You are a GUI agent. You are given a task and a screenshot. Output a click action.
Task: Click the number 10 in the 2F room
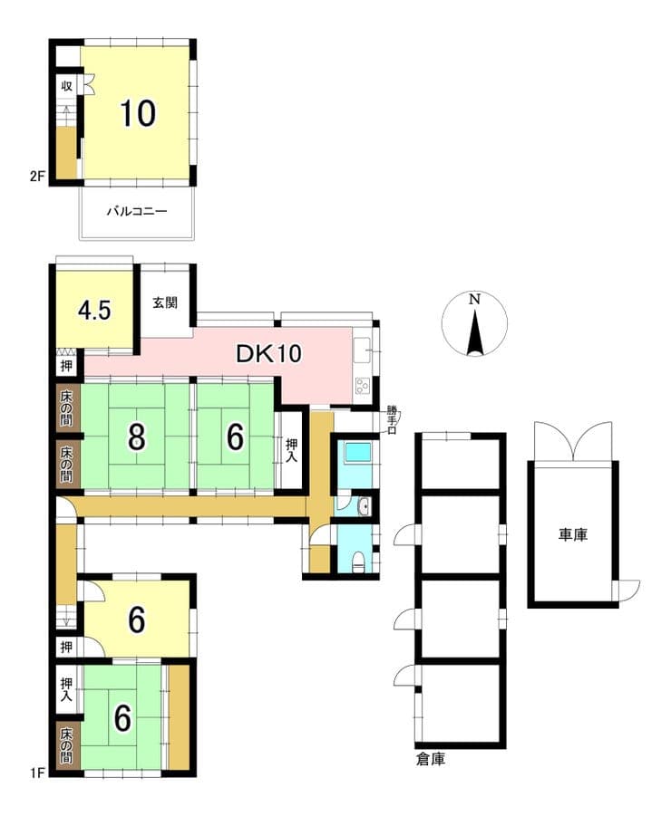[138, 113]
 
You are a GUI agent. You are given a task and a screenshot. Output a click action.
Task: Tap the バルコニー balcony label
[137, 211]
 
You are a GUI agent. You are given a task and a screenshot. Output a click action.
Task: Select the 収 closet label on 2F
[67, 86]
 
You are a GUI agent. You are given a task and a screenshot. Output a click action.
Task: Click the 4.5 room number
[94, 311]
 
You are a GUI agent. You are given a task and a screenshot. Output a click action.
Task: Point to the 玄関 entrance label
[165, 302]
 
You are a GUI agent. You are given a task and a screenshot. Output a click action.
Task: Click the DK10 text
[268, 354]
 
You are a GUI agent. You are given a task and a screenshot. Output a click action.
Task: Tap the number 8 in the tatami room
[137, 437]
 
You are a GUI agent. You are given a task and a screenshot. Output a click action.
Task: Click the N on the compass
[474, 299]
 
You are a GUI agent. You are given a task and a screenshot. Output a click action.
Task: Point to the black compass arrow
[474, 333]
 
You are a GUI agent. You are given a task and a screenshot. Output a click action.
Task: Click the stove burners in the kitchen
[362, 386]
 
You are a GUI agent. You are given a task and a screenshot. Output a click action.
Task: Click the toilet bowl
[358, 561]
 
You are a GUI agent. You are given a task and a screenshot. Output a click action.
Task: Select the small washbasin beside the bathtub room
[365, 506]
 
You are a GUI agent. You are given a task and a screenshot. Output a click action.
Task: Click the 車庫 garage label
[573, 534]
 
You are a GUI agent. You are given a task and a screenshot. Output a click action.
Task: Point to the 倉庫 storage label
[431, 759]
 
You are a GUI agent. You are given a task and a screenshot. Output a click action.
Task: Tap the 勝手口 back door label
[391, 419]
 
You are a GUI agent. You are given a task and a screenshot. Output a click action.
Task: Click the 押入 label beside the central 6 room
[291, 451]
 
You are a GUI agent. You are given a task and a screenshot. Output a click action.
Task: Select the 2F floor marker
[36, 177]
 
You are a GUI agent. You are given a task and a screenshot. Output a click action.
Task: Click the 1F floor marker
[37, 772]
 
